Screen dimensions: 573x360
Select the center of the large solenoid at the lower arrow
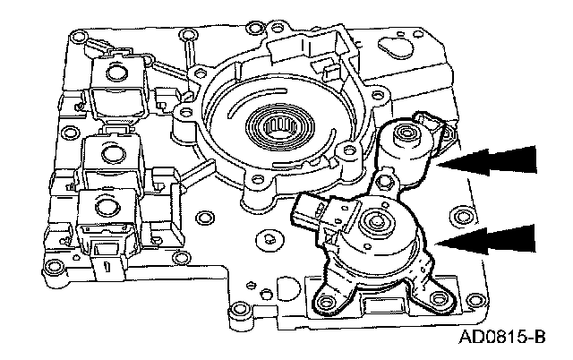376,219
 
